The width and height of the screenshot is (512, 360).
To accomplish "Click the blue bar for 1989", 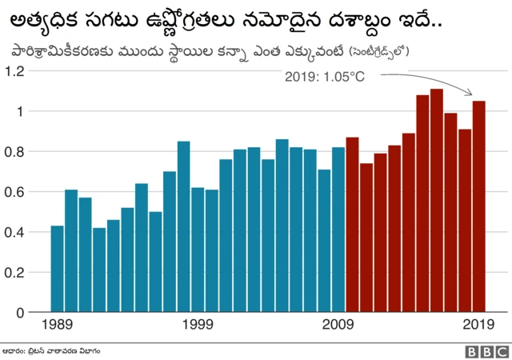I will coord(57,269).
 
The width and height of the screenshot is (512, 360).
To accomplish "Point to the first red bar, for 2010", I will coord(352,225).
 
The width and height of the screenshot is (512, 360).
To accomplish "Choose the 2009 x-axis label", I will coord(338,325).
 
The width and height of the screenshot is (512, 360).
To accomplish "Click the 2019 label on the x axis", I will coord(479,325).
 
